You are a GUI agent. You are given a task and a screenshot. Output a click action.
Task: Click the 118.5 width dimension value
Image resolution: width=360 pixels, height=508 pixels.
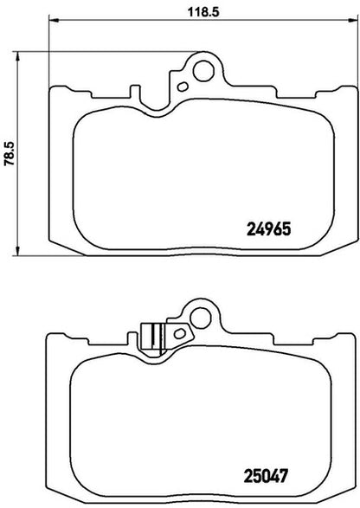[204, 12]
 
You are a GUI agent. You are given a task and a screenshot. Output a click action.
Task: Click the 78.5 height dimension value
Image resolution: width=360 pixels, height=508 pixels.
[9, 153]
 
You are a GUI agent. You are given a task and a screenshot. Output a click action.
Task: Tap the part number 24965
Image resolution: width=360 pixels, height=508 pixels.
[269, 229]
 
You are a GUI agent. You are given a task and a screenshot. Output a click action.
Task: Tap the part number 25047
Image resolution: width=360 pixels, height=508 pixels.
[266, 476]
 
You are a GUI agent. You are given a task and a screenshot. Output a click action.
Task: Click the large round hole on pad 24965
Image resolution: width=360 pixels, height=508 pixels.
[203, 71]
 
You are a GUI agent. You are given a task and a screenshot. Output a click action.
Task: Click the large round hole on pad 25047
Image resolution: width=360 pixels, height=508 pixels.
[201, 318]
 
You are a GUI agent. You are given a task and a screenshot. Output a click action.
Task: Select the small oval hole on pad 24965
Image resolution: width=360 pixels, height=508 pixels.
[183, 87]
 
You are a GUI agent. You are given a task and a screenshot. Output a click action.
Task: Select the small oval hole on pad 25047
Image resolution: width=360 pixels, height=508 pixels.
[179, 333]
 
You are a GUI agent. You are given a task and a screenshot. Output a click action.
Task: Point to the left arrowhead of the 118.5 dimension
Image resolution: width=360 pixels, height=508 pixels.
[54, 21]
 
